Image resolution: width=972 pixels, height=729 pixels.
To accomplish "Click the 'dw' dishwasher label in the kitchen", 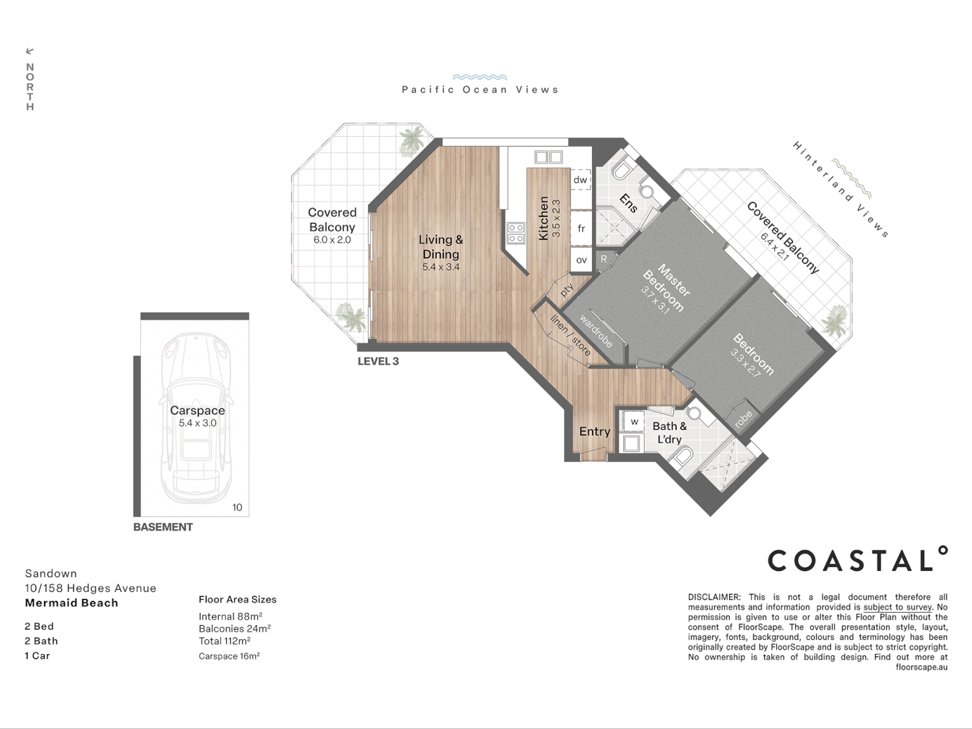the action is (580, 180).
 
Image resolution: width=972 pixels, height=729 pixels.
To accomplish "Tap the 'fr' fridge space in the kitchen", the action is (581, 228).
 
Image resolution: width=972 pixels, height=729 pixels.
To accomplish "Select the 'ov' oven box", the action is (581, 260).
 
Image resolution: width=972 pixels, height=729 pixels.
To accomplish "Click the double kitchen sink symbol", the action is (549, 157).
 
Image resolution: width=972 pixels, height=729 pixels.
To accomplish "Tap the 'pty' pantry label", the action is (566, 290).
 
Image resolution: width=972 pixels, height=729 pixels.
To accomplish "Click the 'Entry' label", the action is (595, 431).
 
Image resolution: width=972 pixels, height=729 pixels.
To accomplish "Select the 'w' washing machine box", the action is (634, 421).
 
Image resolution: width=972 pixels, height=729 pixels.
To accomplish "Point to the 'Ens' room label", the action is (628, 203).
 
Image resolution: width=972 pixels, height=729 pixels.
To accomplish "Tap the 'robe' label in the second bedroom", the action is (743, 419).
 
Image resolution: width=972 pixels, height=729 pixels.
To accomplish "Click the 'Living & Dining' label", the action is (441, 246).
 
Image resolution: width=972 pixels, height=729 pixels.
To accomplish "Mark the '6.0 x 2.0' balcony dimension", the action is (332, 240).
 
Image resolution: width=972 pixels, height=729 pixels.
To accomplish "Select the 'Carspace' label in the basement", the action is (198, 410).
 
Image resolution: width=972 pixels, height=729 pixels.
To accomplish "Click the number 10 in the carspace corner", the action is (238, 507).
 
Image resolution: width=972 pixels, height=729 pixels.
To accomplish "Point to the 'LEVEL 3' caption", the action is (378, 361).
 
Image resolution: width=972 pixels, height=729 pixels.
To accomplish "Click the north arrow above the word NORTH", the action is (30, 51).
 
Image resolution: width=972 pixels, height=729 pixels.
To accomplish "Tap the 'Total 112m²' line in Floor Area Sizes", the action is (225, 641).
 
